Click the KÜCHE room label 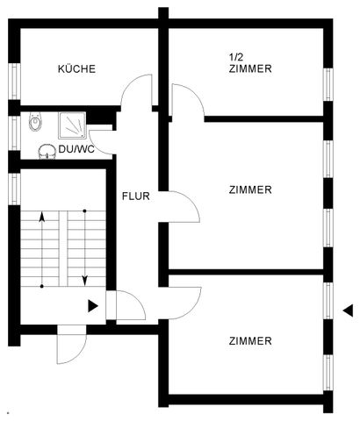click(x=76, y=68)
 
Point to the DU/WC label click(x=76, y=150)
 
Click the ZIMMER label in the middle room click(x=250, y=189)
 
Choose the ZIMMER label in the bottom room click(x=250, y=340)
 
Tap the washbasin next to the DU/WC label click(x=47, y=150)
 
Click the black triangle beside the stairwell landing click(x=93, y=306)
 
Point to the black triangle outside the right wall click(x=348, y=310)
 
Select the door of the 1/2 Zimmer click(x=188, y=101)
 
